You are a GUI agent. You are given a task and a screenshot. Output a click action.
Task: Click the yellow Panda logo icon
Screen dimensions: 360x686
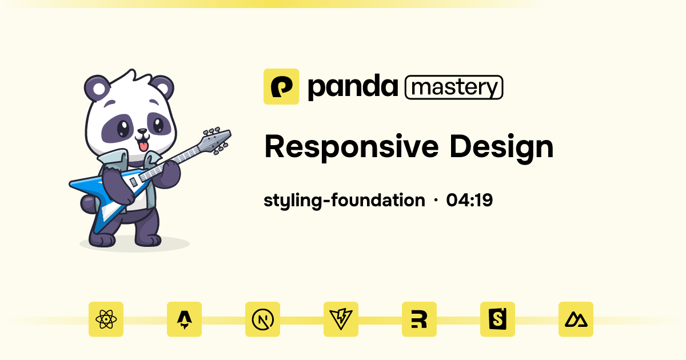(x=281, y=86)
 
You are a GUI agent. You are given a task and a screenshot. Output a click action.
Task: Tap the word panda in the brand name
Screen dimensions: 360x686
(x=352, y=87)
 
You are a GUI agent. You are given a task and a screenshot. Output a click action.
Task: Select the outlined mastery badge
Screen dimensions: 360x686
(x=454, y=87)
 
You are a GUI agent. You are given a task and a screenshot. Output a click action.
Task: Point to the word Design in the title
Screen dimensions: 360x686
(x=501, y=147)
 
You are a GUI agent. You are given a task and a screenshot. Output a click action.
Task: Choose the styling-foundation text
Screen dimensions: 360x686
(x=344, y=201)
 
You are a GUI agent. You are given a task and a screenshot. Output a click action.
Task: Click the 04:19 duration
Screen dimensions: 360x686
(x=470, y=201)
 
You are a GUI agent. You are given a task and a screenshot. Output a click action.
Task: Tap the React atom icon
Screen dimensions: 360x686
(x=106, y=319)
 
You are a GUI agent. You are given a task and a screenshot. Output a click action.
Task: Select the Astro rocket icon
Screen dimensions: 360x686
(x=184, y=319)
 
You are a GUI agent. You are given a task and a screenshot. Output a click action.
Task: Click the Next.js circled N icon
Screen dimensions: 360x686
(x=262, y=319)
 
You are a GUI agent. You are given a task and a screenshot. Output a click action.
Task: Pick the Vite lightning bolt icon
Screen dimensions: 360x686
(x=341, y=319)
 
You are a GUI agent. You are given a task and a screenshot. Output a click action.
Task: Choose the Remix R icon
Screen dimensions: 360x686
(x=419, y=319)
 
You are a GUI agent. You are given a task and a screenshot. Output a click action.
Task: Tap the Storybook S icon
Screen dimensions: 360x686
(x=497, y=319)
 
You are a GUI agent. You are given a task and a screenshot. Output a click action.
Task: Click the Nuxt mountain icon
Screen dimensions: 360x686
(x=576, y=319)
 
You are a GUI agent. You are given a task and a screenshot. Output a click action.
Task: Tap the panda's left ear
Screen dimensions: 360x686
(x=96, y=89)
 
